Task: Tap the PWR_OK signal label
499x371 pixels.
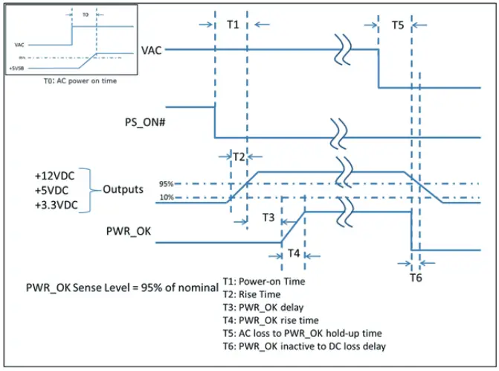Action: (x=129, y=232)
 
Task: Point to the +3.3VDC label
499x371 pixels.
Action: (x=54, y=204)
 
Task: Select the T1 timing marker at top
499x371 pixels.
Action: (x=232, y=25)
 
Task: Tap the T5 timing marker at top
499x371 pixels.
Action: (x=398, y=25)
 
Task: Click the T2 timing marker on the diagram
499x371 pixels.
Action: (x=239, y=157)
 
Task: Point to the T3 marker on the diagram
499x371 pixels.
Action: (x=268, y=218)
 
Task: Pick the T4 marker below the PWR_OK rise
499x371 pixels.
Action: (x=294, y=253)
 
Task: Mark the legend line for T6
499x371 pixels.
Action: (x=305, y=345)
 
